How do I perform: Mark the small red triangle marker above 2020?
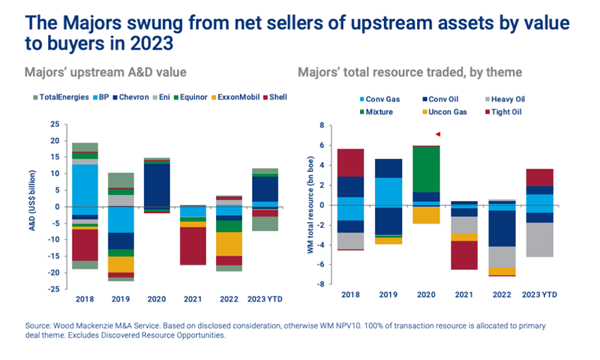pos(438,134)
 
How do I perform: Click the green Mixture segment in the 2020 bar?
pos(427,169)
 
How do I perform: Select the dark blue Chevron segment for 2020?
pos(157,184)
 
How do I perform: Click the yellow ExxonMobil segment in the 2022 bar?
pos(229,244)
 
